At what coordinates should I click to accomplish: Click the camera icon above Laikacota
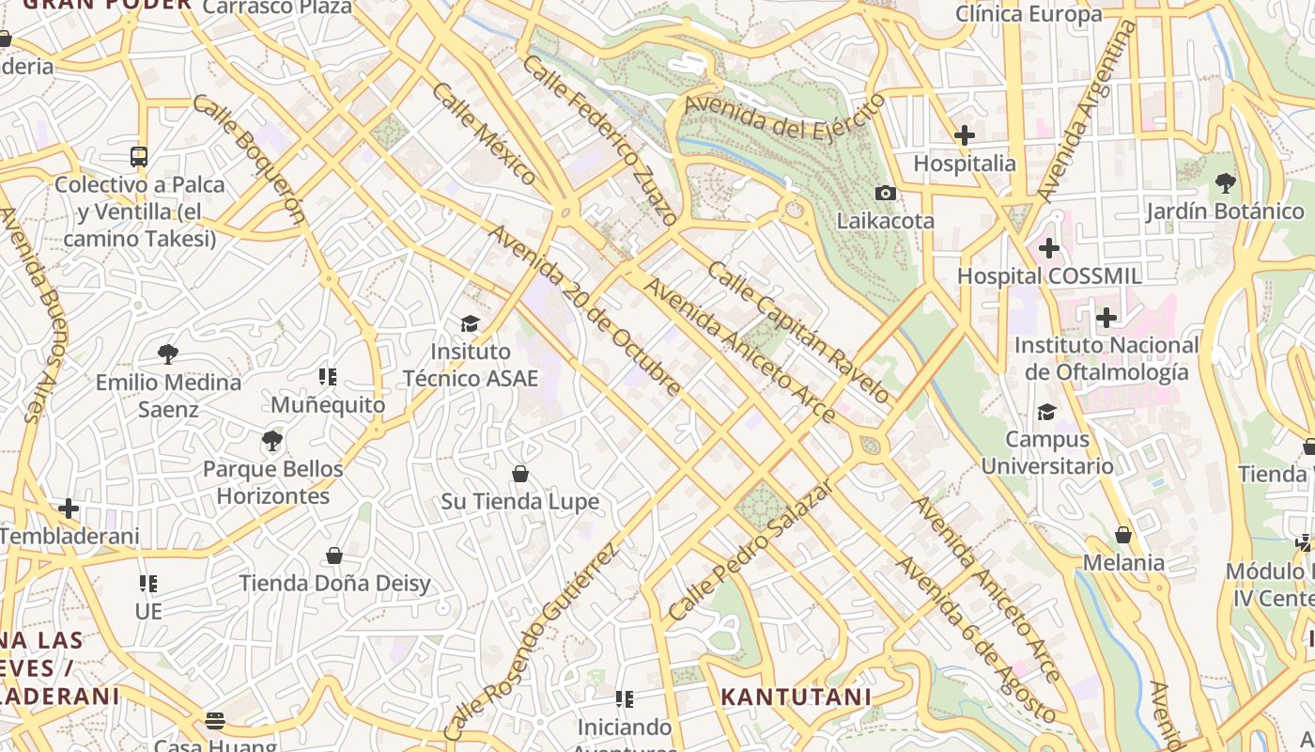click(885, 193)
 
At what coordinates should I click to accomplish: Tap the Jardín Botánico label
click(1225, 211)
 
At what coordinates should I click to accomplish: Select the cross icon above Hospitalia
click(964, 135)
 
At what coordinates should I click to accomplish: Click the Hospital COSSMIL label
click(1049, 276)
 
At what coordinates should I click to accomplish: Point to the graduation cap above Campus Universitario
click(1046, 412)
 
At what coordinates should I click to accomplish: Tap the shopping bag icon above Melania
click(1123, 535)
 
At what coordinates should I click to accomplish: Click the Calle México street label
click(485, 133)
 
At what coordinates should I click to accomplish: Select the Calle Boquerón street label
click(250, 158)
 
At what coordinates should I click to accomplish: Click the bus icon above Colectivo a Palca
click(139, 156)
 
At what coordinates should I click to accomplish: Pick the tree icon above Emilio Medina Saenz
click(168, 354)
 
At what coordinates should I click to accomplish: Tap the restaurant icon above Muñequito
click(328, 377)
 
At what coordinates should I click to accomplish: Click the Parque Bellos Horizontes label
click(272, 482)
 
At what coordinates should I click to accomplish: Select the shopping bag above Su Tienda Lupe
click(520, 474)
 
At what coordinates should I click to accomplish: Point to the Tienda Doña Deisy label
click(334, 583)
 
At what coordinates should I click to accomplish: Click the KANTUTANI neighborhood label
click(796, 697)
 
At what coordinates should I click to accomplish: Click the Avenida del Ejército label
click(785, 117)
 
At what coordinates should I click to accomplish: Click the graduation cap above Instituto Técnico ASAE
click(470, 323)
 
